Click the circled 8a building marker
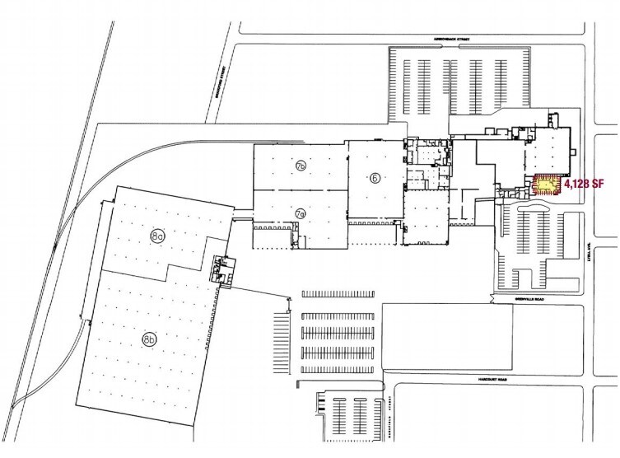click(x=158, y=236)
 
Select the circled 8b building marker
click(x=149, y=339)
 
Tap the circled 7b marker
click(x=301, y=166)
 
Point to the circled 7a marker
click(x=301, y=214)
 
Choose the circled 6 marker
click(x=375, y=178)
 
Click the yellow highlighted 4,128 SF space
click(x=544, y=185)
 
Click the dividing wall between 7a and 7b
click(x=300, y=190)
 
